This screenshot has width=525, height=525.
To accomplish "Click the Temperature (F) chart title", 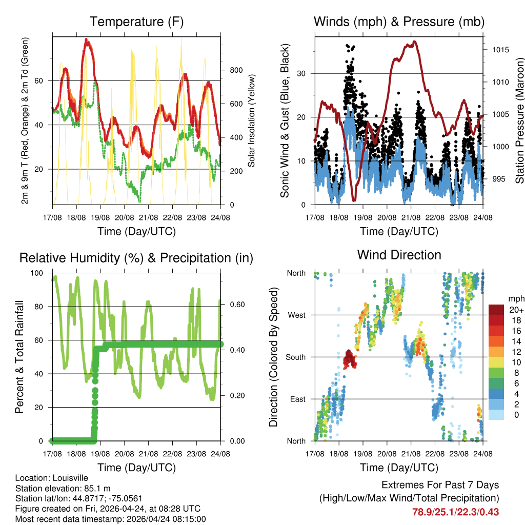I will point(136,22).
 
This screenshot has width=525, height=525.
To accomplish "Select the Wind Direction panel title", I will point(399,255).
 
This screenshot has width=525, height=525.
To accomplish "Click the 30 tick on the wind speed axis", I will point(301,73).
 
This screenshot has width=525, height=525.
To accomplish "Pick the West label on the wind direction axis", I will point(296,315).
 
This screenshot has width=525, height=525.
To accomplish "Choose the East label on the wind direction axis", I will point(297,399).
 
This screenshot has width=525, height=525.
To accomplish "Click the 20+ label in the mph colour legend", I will point(515,310).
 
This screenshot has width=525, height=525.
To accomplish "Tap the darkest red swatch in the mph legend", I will point(496,310).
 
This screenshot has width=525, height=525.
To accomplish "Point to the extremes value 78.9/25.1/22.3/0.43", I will point(455,512).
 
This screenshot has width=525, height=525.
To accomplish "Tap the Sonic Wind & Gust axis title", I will point(285,120).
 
